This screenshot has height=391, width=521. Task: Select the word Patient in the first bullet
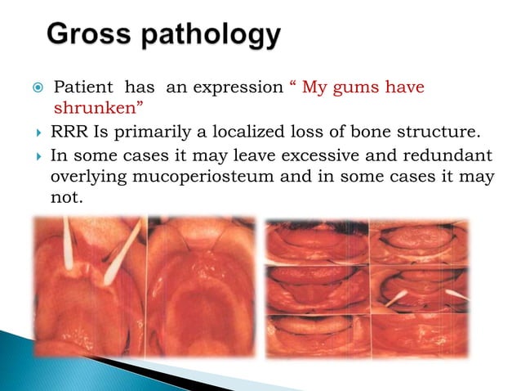coord(82,88)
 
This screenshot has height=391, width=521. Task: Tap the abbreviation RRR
coord(68,133)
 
